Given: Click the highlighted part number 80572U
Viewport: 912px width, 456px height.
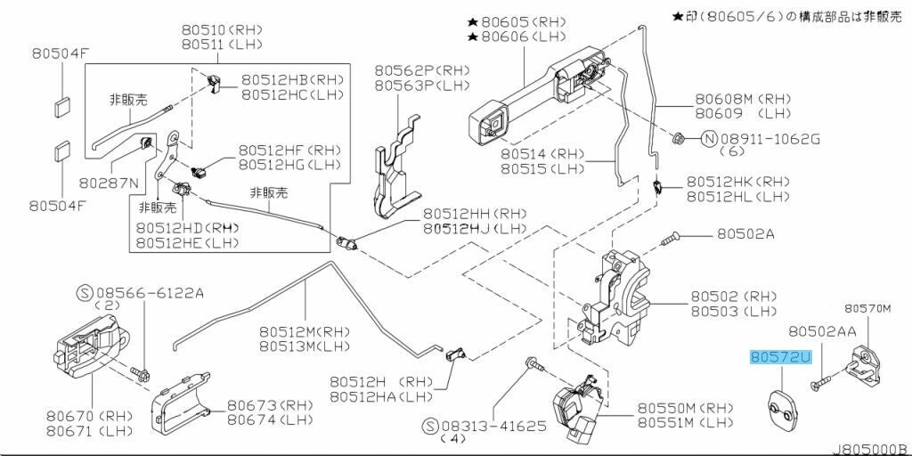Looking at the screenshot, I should tap(781, 358).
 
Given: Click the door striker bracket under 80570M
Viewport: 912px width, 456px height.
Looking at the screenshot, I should tap(863, 360).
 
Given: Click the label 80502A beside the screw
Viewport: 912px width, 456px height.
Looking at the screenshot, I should tap(745, 234).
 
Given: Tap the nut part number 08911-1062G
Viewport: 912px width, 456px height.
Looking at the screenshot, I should tap(769, 139).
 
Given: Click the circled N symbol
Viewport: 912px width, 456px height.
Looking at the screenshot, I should tap(709, 139).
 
